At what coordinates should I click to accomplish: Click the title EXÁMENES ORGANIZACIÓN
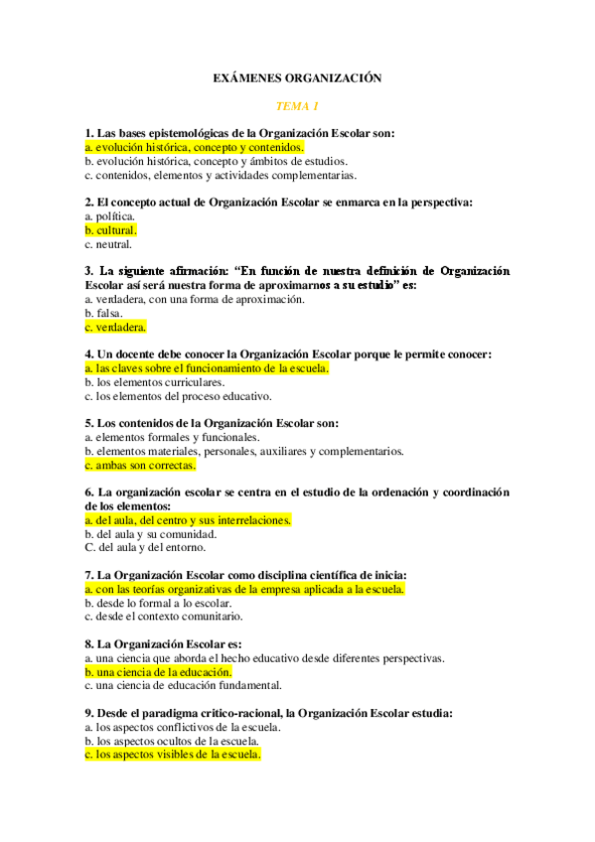[297, 77]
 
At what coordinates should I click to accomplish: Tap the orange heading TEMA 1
[297, 105]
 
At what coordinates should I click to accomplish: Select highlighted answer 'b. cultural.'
[111, 229]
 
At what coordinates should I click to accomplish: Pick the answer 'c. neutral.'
[108, 243]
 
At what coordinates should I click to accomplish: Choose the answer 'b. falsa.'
[104, 313]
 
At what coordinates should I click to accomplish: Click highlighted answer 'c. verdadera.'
[115, 327]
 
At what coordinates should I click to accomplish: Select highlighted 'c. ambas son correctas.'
[140, 465]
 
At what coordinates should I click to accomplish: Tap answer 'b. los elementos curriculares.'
[154, 381]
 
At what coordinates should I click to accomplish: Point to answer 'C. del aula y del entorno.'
[145, 547]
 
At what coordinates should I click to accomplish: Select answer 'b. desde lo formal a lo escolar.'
[158, 603]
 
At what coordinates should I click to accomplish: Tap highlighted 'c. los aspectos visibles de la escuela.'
[173, 755]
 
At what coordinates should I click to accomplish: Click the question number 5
[89, 423]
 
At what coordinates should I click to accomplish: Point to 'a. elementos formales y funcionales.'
[172, 437]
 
